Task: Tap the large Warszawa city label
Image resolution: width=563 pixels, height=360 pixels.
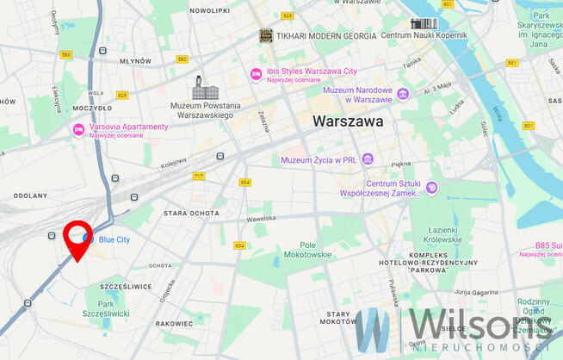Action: (x=349, y=122)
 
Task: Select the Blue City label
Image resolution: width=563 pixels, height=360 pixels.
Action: (x=114, y=239)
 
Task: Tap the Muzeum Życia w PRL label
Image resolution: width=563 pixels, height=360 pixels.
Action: (x=319, y=159)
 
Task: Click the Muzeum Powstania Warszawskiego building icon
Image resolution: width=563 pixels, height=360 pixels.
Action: (x=203, y=88)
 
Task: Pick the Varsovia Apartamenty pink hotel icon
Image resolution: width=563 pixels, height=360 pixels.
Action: (x=78, y=129)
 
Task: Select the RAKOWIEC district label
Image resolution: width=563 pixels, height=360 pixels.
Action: (x=176, y=324)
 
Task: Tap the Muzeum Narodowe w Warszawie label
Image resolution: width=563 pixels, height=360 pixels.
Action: (x=358, y=94)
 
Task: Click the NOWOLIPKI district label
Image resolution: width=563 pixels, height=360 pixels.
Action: (x=209, y=11)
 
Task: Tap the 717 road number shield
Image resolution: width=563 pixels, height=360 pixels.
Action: (x=200, y=176)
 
